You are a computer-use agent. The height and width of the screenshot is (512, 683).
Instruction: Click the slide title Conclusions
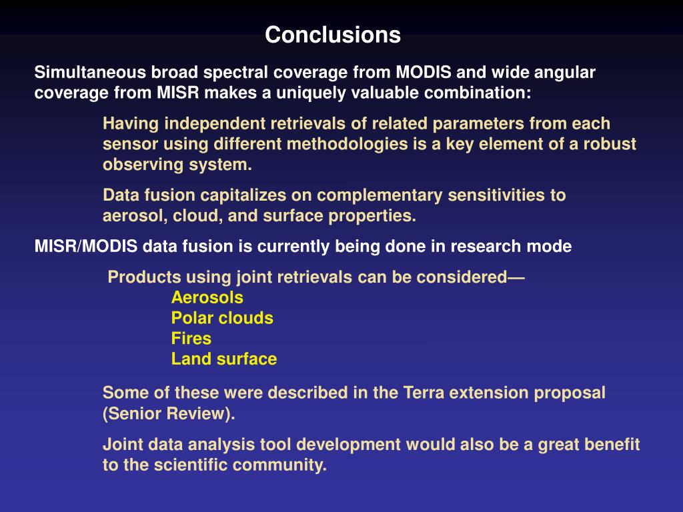pos(333,35)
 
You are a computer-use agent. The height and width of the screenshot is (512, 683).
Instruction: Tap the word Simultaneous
pos(90,72)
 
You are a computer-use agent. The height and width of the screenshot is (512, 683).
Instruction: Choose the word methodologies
pos(347,145)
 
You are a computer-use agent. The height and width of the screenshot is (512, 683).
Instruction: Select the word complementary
pos(380,195)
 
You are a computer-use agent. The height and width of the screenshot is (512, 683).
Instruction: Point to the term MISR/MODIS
pos(86,247)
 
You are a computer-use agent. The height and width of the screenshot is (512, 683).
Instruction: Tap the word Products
pos(144,277)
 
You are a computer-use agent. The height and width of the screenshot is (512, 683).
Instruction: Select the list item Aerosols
pos(207,298)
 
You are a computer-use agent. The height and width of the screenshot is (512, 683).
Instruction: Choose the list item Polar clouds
pos(222,318)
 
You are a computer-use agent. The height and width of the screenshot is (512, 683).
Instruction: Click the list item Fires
pos(191,339)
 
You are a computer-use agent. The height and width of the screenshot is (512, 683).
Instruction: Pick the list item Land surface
pos(224,359)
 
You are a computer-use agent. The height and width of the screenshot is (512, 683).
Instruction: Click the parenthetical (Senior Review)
pos(169,413)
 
